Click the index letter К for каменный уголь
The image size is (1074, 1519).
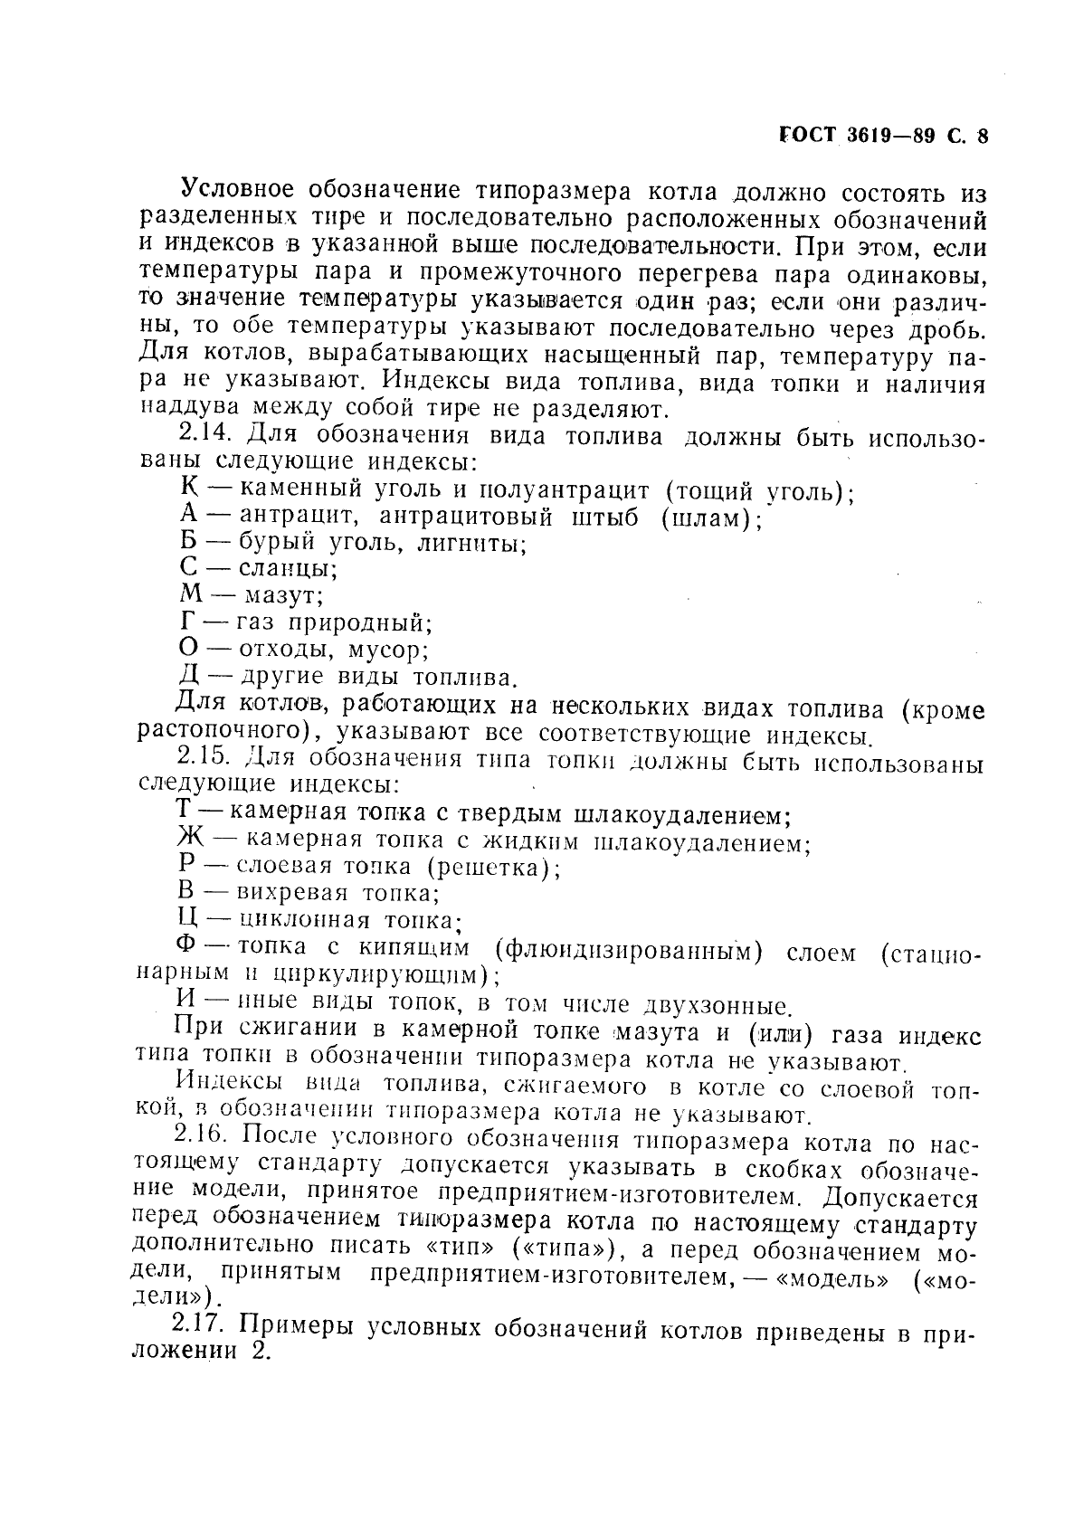[189, 489]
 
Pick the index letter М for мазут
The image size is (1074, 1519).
[191, 594]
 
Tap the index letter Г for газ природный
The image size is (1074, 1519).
[187, 622]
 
